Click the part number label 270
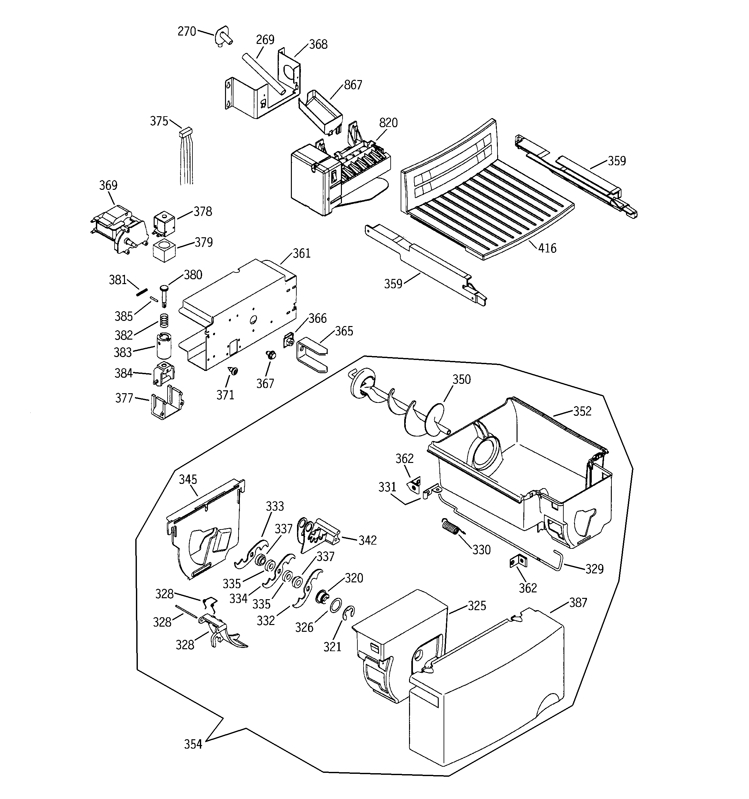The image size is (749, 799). (187, 31)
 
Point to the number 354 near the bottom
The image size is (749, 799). (193, 745)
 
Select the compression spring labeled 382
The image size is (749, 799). (164, 320)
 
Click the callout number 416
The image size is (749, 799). (547, 248)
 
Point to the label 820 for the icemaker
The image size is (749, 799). (388, 123)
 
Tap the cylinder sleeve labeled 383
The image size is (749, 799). (164, 345)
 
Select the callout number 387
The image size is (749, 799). (578, 602)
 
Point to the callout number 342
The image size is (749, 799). (367, 540)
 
